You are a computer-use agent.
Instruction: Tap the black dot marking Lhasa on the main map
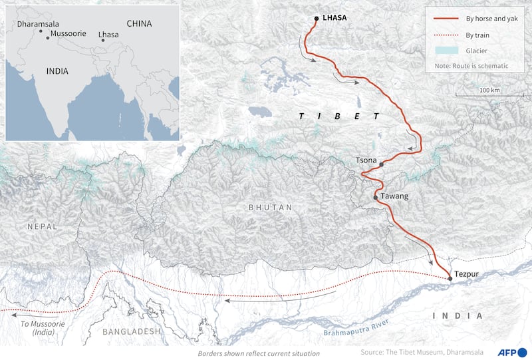coord(317,19)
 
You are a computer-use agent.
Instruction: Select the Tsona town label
coord(366,160)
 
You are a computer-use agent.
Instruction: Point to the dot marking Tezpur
coord(450,279)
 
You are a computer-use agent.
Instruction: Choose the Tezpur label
coord(467,273)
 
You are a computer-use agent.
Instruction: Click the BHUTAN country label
coord(270,208)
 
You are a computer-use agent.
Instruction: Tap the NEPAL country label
coord(43,226)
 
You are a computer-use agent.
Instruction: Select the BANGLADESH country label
coord(132,331)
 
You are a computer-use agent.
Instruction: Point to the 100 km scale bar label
coord(489,90)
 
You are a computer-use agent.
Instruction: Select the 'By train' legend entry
coord(478,35)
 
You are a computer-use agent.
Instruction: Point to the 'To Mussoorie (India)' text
coord(31,327)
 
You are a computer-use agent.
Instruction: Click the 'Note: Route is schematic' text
coord(471,66)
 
